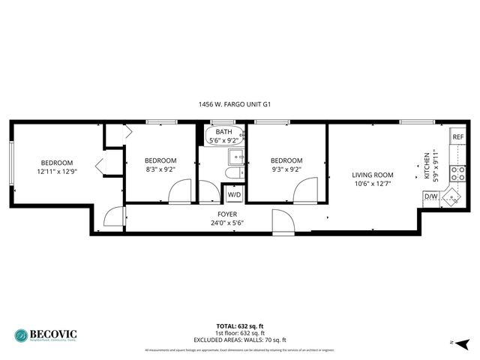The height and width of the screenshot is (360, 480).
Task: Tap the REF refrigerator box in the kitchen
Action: pos(457,137)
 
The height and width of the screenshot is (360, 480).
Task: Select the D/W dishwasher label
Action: pos(430,196)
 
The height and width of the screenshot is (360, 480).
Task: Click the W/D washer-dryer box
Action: pos(235,194)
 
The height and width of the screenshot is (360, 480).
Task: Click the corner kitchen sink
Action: pos(452,196)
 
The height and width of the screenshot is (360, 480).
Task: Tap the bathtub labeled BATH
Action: pos(222,135)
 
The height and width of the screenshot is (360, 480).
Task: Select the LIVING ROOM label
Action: pos(373,175)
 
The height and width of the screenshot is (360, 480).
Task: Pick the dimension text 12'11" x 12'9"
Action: pos(57,171)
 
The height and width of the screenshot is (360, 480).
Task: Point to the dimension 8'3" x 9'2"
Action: pos(160,169)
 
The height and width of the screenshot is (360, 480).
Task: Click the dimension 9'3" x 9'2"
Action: pos(286,169)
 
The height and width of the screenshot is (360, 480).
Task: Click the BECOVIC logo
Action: pos(45,335)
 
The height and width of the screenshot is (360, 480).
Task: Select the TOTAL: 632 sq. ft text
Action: pos(240,326)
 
